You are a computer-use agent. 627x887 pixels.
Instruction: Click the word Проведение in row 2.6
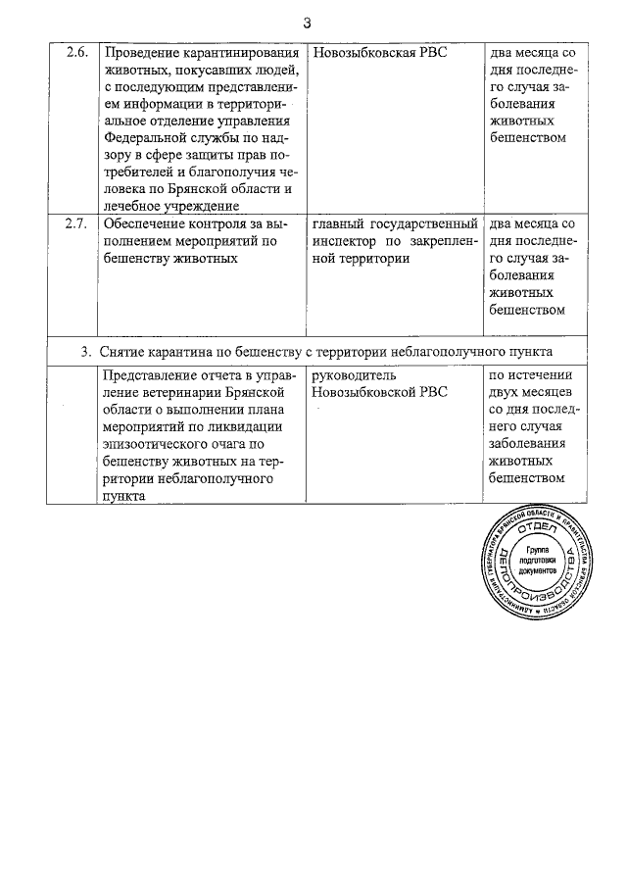[141, 52]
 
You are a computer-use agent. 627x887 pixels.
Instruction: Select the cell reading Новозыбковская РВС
[378, 52]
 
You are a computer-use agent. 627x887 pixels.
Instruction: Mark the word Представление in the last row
[154, 375]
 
